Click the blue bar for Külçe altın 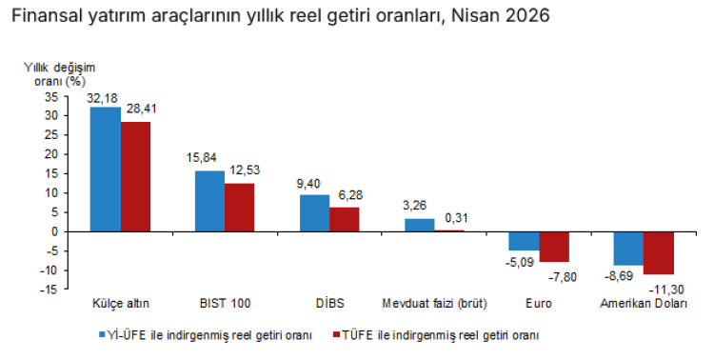(x=106, y=170)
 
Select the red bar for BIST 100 (x=240, y=208)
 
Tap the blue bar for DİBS (x=315, y=213)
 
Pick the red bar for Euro (x=554, y=247)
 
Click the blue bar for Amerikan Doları (x=629, y=249)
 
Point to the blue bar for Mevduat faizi (x=420, y=225)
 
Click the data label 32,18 (x=104, y=98)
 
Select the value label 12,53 (x=246, y=170)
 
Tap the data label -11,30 (x=666, y=290)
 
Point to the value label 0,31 (x=456, y=218)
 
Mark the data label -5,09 (x=519, y=263)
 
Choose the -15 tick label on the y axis (x=50, y=289)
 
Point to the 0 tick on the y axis (x=55, y=231)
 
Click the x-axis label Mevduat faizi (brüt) (x=434, y=304)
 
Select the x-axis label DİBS (x=330, y=304)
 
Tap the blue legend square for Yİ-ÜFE (x=103, y=335)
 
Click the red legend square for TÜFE (x=337, y=335)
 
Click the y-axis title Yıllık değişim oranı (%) (x=60, y=74)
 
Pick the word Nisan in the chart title (x=476, y=16)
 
